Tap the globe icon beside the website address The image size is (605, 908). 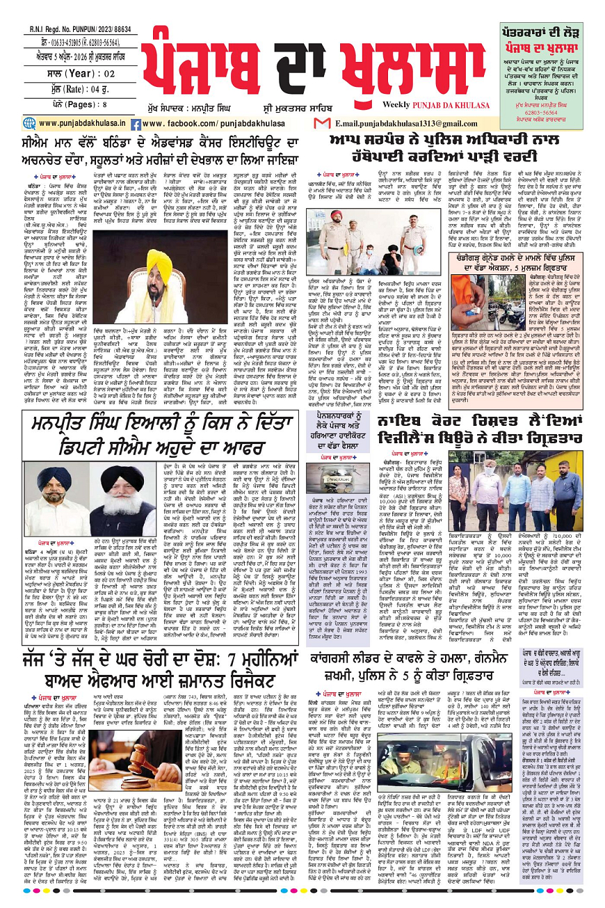(x=33, y=123)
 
